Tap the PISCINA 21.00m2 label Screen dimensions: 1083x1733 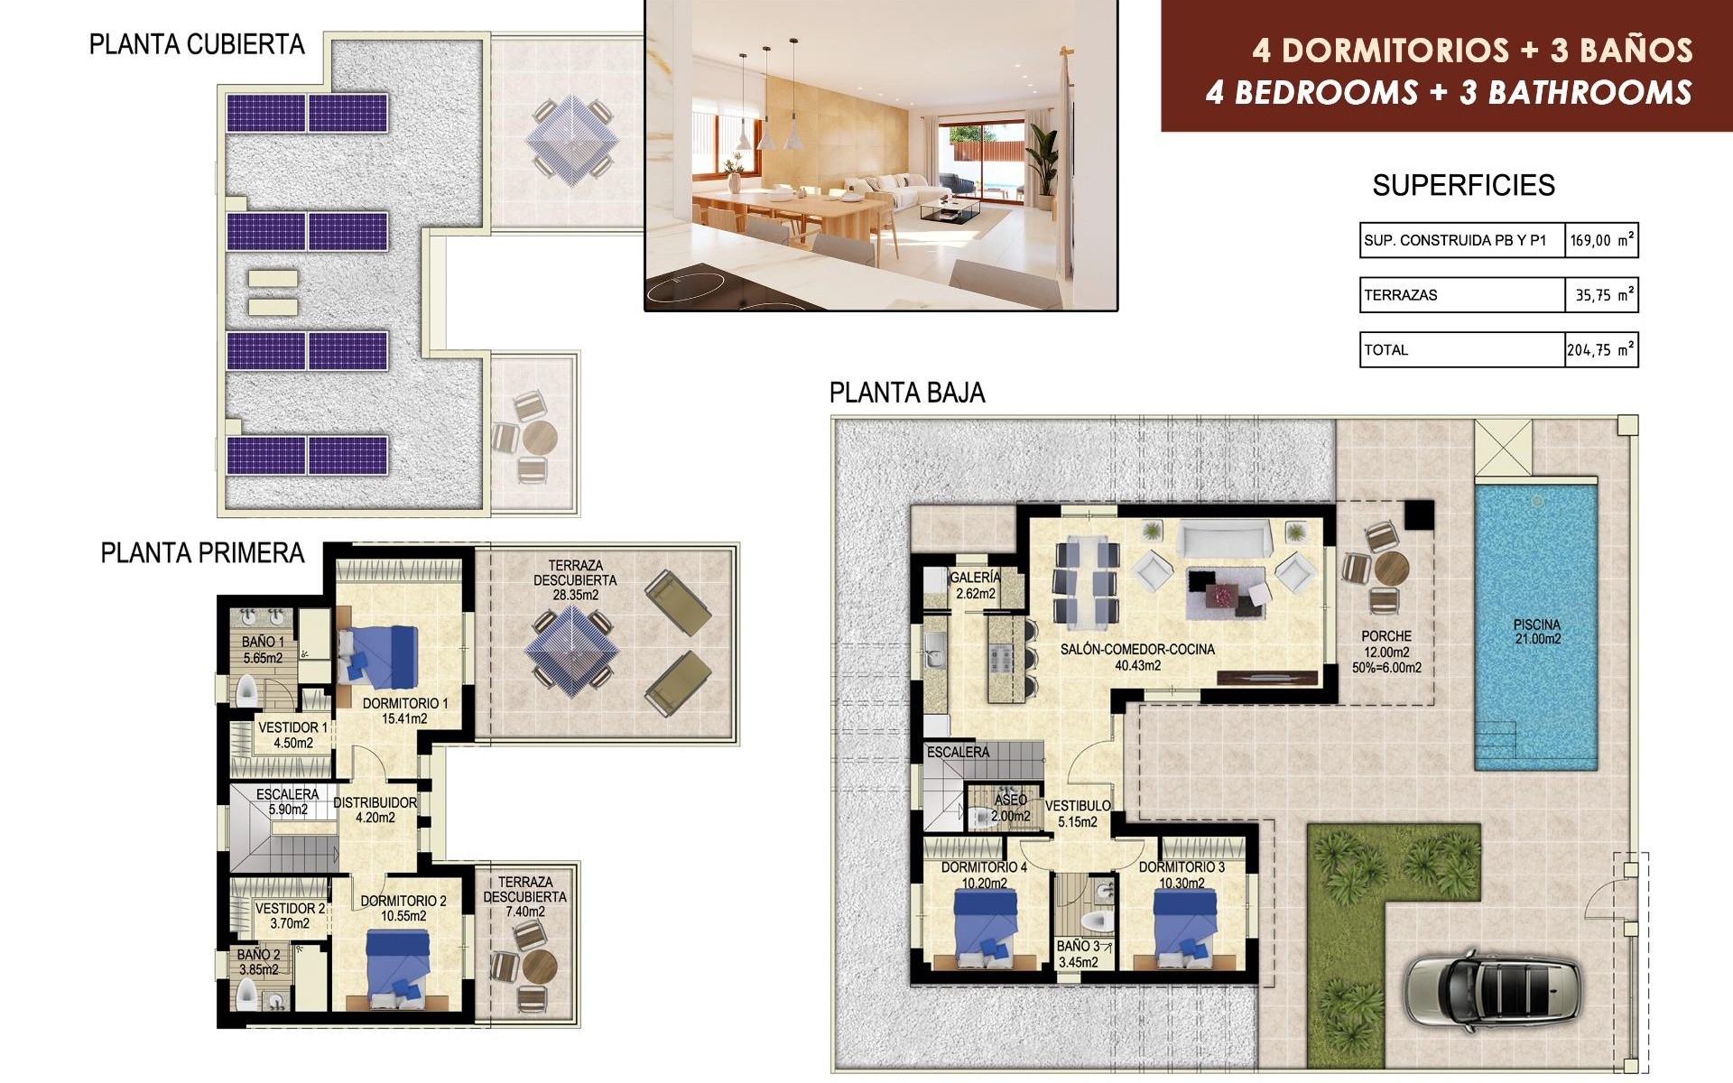click(1537, 632)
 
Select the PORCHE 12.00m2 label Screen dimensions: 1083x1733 click(1386, 644)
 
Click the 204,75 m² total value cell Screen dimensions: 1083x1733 click(1600, 350)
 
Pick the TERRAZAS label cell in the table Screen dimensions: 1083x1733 click(1460, 295)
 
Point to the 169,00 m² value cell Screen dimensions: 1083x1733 click(1600, 241)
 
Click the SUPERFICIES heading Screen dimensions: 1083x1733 click(1463, 186)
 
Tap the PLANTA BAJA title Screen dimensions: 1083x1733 click(906, 393)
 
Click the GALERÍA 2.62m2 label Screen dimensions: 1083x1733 click(975, 585)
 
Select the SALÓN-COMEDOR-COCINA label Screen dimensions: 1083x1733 click(1137, 656)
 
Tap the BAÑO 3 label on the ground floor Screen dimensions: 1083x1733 click(1079, 954)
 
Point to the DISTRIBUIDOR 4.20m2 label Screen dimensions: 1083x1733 click(375, 810)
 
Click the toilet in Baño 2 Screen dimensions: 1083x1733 click(246, 995)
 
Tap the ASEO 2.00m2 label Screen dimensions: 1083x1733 click(1010, 808)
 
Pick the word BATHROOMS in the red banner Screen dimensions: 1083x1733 click(1589, 93)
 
